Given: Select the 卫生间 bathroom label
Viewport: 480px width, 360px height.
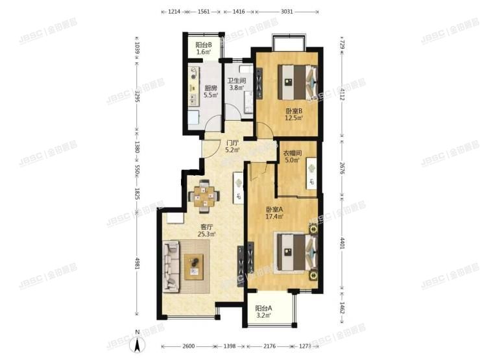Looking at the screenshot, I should [234, 82].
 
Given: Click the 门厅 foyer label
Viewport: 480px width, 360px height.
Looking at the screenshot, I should [232, 143].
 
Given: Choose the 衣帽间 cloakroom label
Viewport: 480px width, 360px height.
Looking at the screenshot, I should [291, 153].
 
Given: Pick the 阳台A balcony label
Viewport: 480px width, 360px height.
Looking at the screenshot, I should [263, 308].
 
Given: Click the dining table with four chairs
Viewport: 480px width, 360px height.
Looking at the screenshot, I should [204, 195].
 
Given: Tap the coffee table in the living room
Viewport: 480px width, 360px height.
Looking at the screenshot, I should [194, 266].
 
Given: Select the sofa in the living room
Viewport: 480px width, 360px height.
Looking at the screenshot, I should [171, 266].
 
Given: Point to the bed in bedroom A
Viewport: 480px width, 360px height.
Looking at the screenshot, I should [295, 250].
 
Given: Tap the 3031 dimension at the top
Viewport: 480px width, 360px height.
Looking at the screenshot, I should [287, 12].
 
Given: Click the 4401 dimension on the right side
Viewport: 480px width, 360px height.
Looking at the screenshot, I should [342, 245].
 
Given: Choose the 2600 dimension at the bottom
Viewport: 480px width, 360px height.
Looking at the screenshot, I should [188, 344].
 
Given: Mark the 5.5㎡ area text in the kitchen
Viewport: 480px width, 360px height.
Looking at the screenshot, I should [210, 95].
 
